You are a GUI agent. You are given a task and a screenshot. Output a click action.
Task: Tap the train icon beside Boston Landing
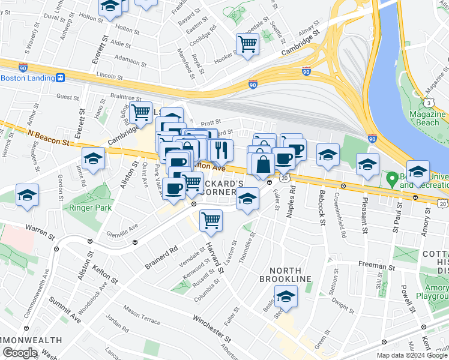coord(60,78)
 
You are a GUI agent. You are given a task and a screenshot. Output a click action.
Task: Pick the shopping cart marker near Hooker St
coord(247,44)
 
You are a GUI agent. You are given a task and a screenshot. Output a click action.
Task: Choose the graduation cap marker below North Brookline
coord(286,296)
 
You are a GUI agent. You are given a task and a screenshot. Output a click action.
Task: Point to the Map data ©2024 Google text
coord(411,355)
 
